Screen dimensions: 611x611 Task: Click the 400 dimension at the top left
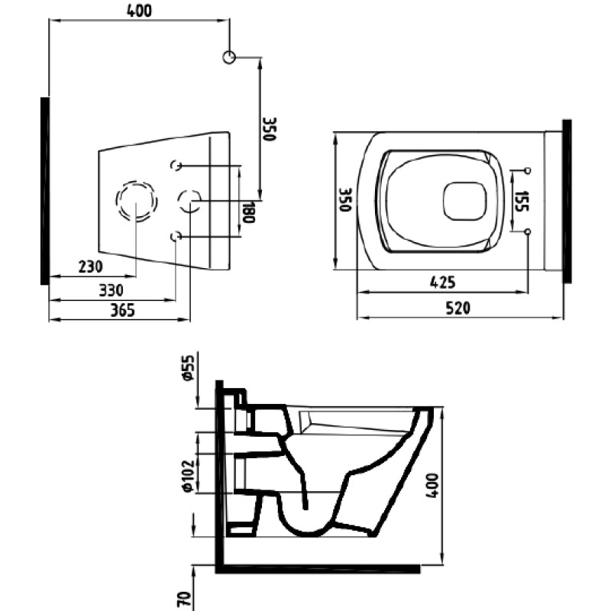(x=139, y=11)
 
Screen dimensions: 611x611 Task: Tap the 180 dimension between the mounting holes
(x=248, y=212)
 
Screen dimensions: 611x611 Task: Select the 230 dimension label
(x=91, y=267)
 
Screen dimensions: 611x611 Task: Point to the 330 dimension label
(x=111, y=290)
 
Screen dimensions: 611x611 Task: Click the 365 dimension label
(x=122, y=310)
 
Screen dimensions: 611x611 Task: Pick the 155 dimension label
(x=522, y=201)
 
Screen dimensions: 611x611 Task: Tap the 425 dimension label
(x=443, y=282)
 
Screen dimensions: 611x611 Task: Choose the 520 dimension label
(x=457, y=308)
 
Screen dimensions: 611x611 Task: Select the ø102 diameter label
(x=189, y=475)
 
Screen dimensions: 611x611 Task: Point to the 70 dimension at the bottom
(x=185, y=600)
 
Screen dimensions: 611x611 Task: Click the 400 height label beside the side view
(x=432, y=485)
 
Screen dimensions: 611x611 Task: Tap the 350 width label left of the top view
(x=345, y=200)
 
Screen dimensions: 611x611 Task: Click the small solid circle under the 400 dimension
(x=229, y=57)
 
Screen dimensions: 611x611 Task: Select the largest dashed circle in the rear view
(x=137, y=201)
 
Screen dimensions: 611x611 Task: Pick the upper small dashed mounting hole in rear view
(x=176, y=165)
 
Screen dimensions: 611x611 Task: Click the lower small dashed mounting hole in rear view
(x=176, y=236)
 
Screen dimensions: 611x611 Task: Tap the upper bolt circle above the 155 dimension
(x=528, y=170)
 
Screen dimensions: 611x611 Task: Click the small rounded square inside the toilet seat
(x=465, y=202)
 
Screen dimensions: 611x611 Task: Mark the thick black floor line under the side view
(x=318, y=568)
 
